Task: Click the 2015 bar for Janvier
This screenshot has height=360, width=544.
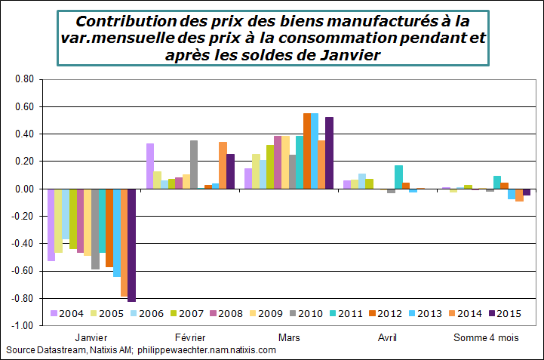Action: click(132, 245)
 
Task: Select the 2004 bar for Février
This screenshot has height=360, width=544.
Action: click(150, 166)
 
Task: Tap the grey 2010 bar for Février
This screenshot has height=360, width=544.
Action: click(194, 165)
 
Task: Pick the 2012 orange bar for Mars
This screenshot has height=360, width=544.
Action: click(307, 151)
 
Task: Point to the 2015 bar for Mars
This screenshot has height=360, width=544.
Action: click(329, 153)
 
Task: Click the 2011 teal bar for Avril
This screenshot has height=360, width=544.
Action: click(398, 177)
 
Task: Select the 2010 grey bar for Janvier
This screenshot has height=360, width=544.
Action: click(95, 229)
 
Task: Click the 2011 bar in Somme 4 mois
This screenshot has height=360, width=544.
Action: click(497, 183)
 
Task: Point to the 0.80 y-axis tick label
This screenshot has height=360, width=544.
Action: click(25, 79)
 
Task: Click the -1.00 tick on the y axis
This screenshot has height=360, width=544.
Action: click(23, 326)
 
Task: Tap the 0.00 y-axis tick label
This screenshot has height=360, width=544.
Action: click(25, 189)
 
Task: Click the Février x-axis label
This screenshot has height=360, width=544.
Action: click(190, 338)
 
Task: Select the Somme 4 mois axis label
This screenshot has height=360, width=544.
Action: click(486, 338)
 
